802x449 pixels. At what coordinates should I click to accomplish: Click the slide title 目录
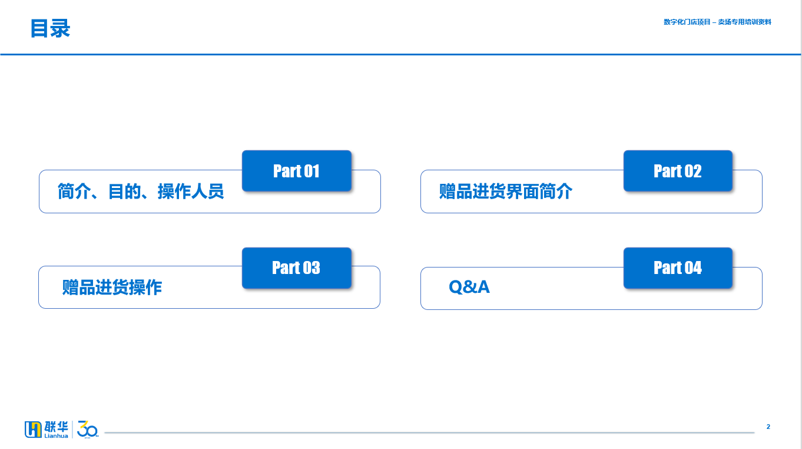50,28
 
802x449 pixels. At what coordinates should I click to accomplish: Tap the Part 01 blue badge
296,170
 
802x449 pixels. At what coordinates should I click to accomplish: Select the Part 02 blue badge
678,170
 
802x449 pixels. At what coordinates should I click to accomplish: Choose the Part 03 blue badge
296,268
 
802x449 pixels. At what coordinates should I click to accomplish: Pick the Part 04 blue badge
678,268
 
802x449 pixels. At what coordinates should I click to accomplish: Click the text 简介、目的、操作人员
141,192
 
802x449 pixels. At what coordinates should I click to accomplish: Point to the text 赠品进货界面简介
506,192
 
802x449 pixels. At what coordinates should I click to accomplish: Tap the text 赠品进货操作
112,288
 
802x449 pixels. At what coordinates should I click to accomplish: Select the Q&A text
469,287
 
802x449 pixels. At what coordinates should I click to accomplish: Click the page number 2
768,427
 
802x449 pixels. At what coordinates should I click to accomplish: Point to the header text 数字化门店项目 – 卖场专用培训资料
717,22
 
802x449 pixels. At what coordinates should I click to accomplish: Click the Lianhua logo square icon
33,430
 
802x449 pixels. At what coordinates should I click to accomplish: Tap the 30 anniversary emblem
88,430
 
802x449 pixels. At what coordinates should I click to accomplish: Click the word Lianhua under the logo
56,435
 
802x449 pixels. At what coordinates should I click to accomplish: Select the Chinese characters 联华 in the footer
56,427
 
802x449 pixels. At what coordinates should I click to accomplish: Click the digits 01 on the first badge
311,171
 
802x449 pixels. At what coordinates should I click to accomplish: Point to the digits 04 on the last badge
693,268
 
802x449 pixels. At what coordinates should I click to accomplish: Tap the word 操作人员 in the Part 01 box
191,192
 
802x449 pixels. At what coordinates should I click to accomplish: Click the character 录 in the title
60,28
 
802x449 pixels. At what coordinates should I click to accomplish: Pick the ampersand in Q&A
469,287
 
